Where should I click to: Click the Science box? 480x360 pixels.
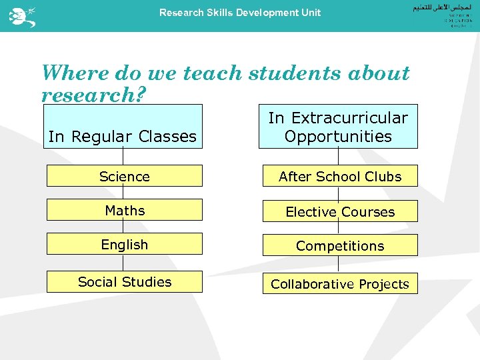(124, 176)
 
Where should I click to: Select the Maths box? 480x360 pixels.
(124, 210)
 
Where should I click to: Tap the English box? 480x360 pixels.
(124, 244)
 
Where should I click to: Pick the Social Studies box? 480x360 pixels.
(124, 281)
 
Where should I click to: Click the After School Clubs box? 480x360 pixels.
(340, 176)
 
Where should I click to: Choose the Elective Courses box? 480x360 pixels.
(340, 211)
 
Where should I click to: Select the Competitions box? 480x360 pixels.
(340, 245)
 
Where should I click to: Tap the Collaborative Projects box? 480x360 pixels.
(340, 283)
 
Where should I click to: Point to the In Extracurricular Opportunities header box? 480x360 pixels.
(338, 127)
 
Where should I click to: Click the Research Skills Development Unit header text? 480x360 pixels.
(240, 13)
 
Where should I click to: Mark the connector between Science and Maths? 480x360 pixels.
(123, 193)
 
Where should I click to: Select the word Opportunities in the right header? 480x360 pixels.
(338, 136)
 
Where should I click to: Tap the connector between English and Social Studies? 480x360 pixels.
(123, 263)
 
